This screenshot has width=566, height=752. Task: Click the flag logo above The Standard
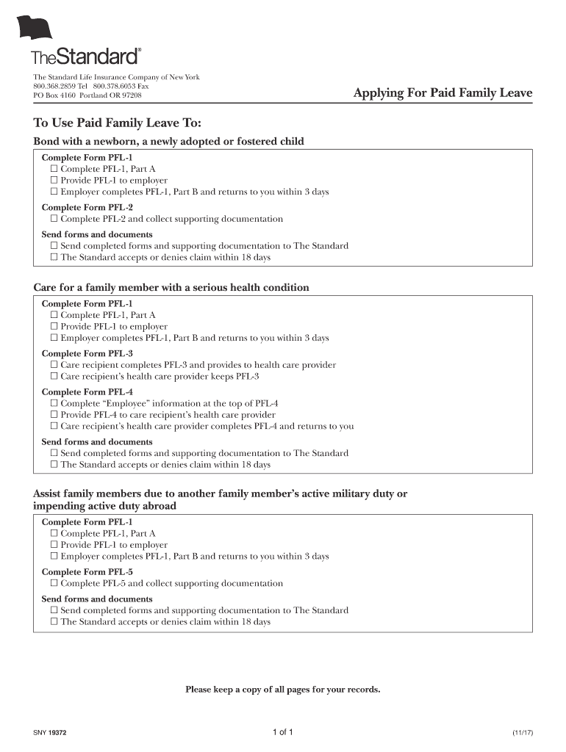click(35, 27)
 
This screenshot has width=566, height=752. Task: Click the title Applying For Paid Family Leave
click(443, 93)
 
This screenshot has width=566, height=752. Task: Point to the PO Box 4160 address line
click(87, 95)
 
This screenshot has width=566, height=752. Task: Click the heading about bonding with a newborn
click(168, 141)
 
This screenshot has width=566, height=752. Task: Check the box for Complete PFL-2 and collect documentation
click(54, 219)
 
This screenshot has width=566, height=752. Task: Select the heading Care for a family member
click(171, 287)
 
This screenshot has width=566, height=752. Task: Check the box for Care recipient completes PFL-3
click(54, 365)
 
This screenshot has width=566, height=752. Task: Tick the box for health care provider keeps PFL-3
click(54, 377)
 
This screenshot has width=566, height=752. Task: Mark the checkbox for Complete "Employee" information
click(54, 404)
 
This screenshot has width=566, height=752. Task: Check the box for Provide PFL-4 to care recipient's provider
click(54, 415)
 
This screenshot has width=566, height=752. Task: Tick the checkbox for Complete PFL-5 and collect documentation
click(54, 584)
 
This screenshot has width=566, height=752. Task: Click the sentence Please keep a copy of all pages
click(283, 690)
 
